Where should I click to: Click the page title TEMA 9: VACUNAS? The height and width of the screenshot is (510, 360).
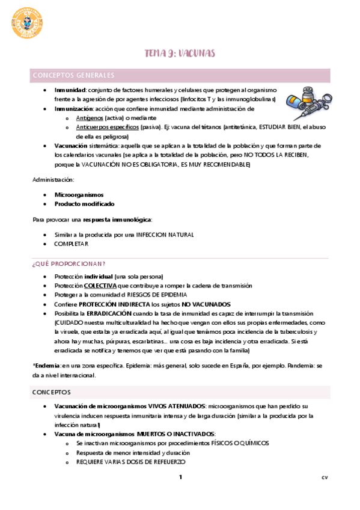click(x=180, y=54)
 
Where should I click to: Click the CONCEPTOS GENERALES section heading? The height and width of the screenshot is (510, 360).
click(x=74, y=75)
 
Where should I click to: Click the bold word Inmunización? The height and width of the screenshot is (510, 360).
click(x=73, y=109)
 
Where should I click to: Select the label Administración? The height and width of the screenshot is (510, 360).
click(x=53, y=179)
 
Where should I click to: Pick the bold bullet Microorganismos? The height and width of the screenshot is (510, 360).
click(x=79, y=195)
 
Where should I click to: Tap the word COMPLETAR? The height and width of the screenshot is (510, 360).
click(x=72, y=244)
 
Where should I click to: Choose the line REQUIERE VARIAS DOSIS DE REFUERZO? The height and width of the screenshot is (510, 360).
click(x=130, y=462)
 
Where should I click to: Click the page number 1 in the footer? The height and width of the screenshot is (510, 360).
click(x=180, y=478)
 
